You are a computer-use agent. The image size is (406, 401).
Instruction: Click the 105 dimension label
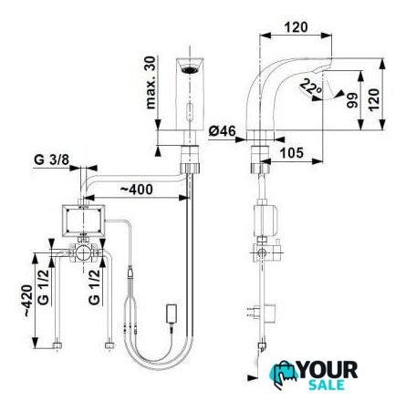291,153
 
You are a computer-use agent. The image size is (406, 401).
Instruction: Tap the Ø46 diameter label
222,131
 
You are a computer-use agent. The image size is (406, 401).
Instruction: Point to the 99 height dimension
352,100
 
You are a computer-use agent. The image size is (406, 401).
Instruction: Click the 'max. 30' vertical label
151,82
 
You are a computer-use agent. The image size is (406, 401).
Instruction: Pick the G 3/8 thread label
52,159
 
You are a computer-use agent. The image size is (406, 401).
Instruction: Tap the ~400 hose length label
136,190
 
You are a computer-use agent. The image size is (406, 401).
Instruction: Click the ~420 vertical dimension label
28,301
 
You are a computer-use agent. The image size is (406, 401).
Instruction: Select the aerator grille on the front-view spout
189,69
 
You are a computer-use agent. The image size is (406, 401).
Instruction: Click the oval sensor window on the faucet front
190,109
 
